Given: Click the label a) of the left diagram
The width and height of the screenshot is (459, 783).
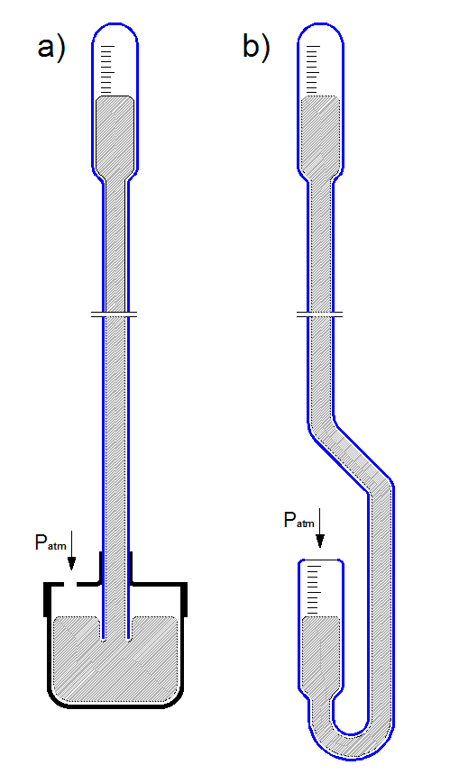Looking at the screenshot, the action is (51, 49).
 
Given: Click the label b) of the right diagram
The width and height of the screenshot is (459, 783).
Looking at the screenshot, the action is (256, 48).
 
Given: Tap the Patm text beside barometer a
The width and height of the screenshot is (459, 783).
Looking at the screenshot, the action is (50, 542).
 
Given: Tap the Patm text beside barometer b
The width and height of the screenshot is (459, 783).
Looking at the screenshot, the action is (298, 520).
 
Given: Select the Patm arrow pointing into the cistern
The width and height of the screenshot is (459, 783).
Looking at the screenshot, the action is (71, 551).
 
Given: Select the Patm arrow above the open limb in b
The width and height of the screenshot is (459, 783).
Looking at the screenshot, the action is (320, 528).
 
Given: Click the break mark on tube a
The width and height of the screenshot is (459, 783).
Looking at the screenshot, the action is (115, 314).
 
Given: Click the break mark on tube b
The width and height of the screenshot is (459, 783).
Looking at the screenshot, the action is (320, 314).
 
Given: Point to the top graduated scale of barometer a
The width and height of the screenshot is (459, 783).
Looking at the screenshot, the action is (107, 69).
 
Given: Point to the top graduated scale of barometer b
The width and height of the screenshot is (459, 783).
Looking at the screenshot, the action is (313, 69).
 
